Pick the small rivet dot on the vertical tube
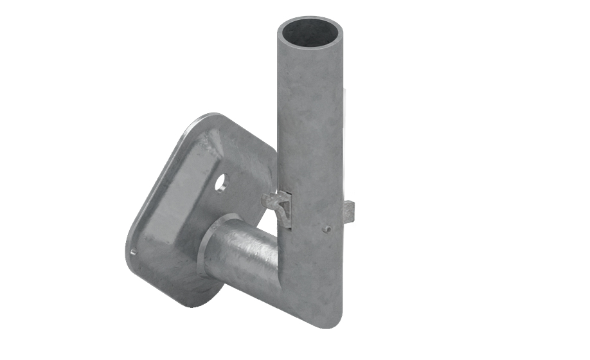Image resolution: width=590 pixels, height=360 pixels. [x=326, y=228]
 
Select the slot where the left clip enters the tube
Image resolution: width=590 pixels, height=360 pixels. [x=287, y=209]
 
